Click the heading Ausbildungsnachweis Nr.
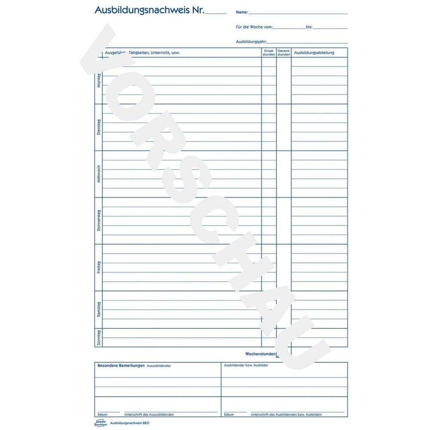[150, 9]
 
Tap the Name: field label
[242, 13]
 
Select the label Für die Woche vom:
[254, 27]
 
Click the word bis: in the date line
[309, 27]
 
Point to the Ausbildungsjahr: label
[252, 42]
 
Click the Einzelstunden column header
[269, 52]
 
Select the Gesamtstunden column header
[284, 52]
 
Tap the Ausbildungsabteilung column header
[314, 53]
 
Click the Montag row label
[99, 80]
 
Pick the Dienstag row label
[99, 127]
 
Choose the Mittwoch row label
[99, 174]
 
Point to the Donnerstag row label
[99, 221]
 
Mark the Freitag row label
[99, 267]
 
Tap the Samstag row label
[99, 310]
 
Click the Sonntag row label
[99, 338]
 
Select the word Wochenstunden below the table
[260, 353]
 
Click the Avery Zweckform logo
[99, 423]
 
